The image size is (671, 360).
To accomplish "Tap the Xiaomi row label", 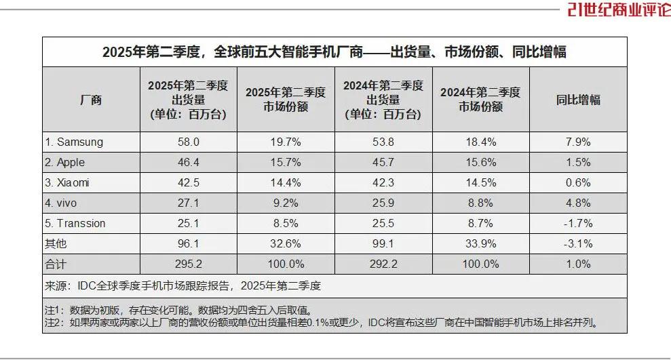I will pyautogui.click(x=67, y=182).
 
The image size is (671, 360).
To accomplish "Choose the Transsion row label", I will pyautogui.click(x=75, y=223).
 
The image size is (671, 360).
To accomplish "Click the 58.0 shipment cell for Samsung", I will pyautogui.click(x=188, y=142).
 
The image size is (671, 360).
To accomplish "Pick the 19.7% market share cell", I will pyautogui.click(x=285, y=142).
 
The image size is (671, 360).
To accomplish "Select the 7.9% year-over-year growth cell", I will pyautogui.click(x=578, y=142).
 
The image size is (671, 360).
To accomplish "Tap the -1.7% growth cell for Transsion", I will pyautogui.click(x=578, y=223).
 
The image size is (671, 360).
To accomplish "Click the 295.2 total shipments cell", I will pyautogui.click(x=188, y=264).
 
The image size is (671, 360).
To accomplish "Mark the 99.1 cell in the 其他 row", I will pyautogui.click(x=383, y=243).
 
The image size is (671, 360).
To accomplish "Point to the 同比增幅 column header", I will pyautogui.click(x=578, y=100).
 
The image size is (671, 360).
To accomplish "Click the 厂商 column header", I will pyautogui.click(x=91, y=100).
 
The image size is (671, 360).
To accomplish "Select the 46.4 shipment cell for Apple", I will pyautogui.click(x=188, y=162).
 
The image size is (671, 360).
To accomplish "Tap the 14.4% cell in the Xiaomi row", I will pyautogui.click(x=285, y=182).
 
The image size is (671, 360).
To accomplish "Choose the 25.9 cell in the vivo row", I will pyautogui.click(x=383, y=203).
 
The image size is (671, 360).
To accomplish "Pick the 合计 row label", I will pyautogui.click(x=56, y=264).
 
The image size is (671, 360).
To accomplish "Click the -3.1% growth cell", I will pyautogui.click(x=578, y=243).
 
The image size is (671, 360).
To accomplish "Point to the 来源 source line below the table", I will pyautogui.click(x=183, y=285).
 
